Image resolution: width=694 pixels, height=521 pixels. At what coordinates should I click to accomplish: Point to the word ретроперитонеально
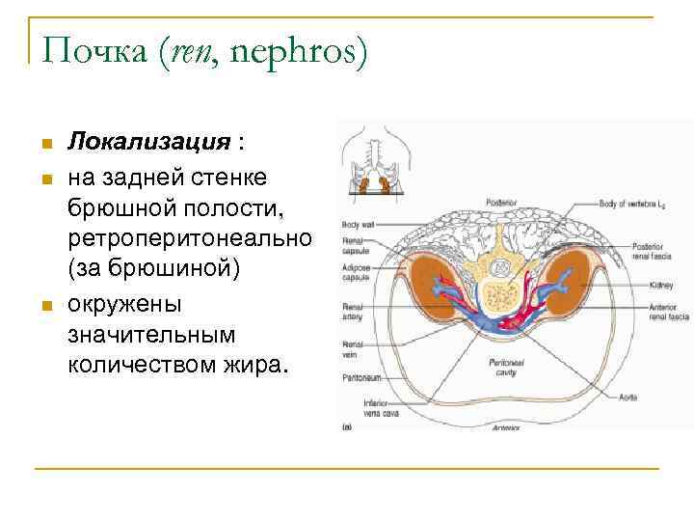(188, 236)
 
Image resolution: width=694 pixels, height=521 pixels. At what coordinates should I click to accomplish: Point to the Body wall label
(356, 224)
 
